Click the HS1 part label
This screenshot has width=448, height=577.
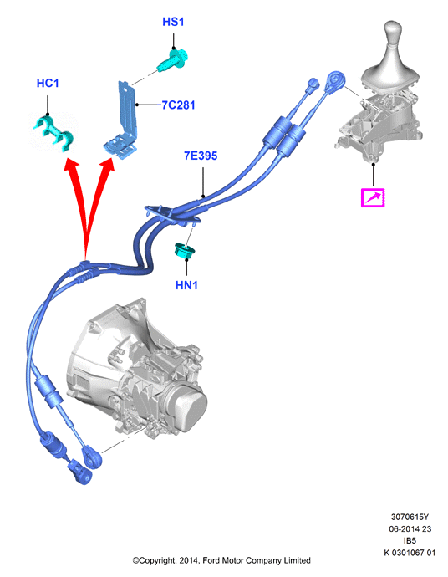point(173,22)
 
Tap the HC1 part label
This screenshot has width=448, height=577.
point(48,84)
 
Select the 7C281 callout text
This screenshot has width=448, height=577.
point(178,105)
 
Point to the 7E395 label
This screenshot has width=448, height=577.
point(201,156)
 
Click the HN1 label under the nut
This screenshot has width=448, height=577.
point(187,285)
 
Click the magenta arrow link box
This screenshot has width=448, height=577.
point(373,198)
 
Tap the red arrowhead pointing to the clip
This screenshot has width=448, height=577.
point(71,166)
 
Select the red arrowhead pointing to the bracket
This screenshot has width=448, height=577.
point(107,166)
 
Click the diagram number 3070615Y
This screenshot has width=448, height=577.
point(410,517)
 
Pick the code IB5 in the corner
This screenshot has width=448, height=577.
point(410,540)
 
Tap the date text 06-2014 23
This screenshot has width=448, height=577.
point(410,528)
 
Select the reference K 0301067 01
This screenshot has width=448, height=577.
point(410,553)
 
